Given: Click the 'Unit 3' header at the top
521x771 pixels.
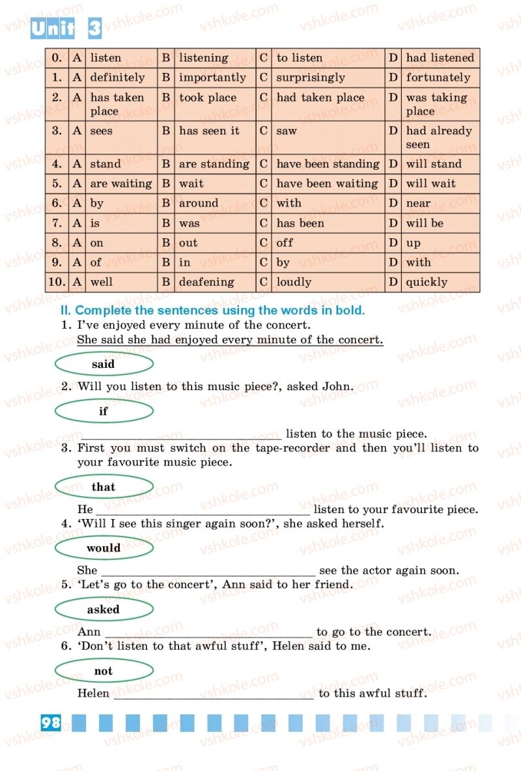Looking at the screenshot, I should (x=66, y=29).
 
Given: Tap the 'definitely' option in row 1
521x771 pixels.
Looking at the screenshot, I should (x=117, y=77).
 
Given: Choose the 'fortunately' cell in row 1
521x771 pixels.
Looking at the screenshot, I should (x=438, y=77).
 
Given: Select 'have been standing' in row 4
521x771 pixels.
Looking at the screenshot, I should (x=328, y=164).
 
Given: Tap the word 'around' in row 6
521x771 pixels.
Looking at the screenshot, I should (x=199, y=203).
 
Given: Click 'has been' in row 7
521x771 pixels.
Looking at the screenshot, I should (x=300, y=223).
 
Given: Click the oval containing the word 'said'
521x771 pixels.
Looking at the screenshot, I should (x=104, y=365).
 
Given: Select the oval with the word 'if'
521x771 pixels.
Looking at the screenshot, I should (x=104, y=412).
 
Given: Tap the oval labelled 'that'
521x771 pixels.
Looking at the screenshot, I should (x=104, y=487).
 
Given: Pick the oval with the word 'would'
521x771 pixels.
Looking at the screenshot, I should (x=104, y=548).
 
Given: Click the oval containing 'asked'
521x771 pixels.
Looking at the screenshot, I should (x=104, y=610).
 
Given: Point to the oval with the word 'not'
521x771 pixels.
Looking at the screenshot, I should (x=104, y=671).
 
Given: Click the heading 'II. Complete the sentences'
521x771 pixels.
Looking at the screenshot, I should (x=212, y=311).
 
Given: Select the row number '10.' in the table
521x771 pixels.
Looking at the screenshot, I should (x=57, y=282).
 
